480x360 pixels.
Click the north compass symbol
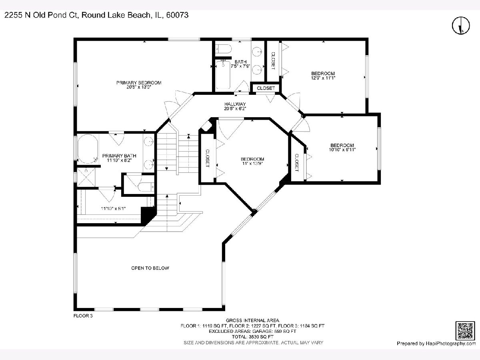[x=461, y=25]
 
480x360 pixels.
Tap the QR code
[x=465, y=330]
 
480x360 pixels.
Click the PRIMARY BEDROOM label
[x=139, y=83]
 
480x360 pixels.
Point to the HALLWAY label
[x=235, y=104]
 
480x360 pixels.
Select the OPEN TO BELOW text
[x=150, y=268]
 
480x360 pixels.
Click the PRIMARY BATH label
[x=119, y=156]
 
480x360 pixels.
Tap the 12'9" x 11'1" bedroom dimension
[x=323, y=78]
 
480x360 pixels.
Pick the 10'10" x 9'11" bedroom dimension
[x=342, y=150]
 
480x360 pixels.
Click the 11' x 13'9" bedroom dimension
[x=252, y=163]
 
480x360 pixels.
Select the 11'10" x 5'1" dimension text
[x=113, y=208]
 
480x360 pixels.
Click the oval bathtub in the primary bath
[x=88, y=149]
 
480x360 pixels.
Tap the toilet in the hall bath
[x=223, y=49]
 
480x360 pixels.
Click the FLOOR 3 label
[x=83, y=316]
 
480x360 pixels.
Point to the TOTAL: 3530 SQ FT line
[x=253, y=337]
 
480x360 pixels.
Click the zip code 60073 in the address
[x=177, y=15]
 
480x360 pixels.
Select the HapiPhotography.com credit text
[x=451, y=343]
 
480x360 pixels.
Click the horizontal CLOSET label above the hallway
[x=266, y=88]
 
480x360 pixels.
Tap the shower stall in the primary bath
[x=86, y=177]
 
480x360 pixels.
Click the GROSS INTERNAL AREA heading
[x=252, y=320]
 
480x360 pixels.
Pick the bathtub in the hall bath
[x=223, y=75]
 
